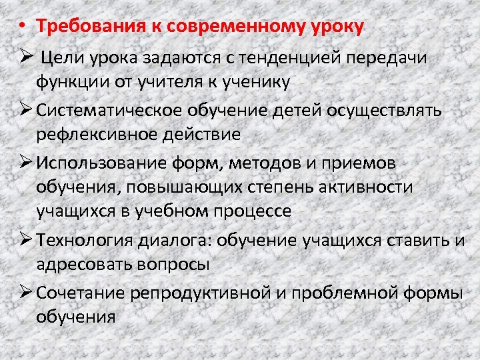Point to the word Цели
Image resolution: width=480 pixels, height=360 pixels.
(x=61, y=58)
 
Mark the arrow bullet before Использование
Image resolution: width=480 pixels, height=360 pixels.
(x=25, y=162)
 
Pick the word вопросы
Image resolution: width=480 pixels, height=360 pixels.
(x=175, y=264)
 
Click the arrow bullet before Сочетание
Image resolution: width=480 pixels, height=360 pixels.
(x=25, y=292)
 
